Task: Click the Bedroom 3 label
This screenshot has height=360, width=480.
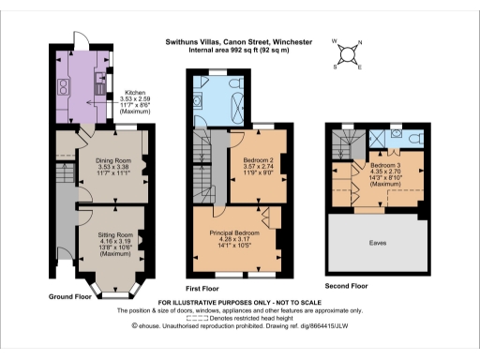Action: pyautogui.click(x=384, y=167)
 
